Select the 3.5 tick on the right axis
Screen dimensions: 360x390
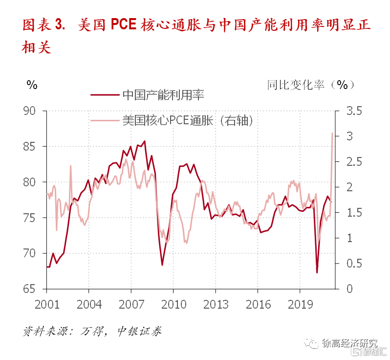354,111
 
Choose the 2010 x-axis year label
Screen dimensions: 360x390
173,305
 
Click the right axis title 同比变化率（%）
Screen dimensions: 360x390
311,84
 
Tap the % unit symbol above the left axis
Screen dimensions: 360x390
32,85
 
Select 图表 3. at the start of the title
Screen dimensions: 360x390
43,25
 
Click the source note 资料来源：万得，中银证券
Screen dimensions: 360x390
92,331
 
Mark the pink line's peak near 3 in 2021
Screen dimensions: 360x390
332,133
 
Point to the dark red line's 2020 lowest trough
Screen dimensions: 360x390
317,272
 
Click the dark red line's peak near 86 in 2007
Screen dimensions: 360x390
145,141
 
